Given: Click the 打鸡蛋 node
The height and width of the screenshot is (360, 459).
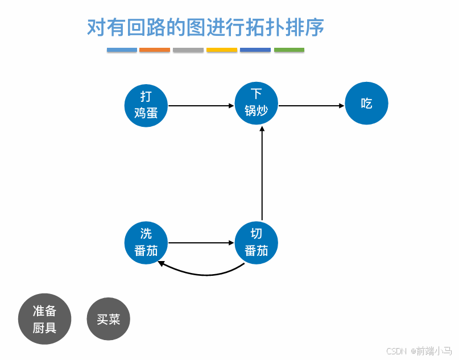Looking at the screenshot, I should point(146,105).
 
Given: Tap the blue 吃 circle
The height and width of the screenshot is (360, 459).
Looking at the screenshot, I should point(367,104).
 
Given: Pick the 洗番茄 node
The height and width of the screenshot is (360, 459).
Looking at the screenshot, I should point(146,243).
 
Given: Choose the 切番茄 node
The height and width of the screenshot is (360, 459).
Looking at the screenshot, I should point(257,243).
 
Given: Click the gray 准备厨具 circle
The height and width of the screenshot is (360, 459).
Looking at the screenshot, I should point(44,320).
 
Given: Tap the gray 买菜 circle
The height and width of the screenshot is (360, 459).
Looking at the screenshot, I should point(108,319).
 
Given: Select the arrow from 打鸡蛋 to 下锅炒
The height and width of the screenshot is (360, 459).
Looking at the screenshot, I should point(201,105).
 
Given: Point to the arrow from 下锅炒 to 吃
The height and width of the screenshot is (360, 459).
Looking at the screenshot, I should point(312,105).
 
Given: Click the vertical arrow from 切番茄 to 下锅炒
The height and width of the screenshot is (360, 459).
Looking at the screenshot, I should point(262,173).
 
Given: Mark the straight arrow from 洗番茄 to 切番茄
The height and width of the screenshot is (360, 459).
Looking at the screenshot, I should point(201,243).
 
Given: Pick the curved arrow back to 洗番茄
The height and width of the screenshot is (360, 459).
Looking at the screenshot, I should point(199,274).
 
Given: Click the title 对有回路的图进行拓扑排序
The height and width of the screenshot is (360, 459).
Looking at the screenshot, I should point(205,27).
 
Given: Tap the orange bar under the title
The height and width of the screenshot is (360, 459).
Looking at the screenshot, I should point(155,50).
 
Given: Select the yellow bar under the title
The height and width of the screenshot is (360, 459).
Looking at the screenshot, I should point(222,50).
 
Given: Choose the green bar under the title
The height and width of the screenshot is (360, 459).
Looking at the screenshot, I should point(289,50).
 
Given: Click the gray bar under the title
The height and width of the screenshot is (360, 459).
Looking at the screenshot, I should point(188,50).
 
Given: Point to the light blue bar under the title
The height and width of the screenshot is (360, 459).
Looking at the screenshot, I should point(122,50).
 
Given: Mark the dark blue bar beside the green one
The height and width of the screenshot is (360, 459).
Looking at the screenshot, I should point(255,50).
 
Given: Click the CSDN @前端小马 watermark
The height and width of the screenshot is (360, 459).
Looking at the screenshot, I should point(419,351).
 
